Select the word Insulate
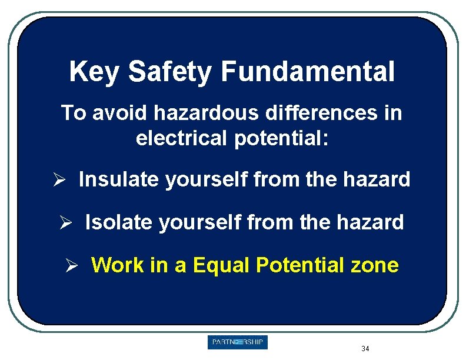[119, 179]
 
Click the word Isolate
[119, 222]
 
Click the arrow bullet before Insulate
[62, 180]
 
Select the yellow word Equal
[221, 265]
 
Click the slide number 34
[365, 349]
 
